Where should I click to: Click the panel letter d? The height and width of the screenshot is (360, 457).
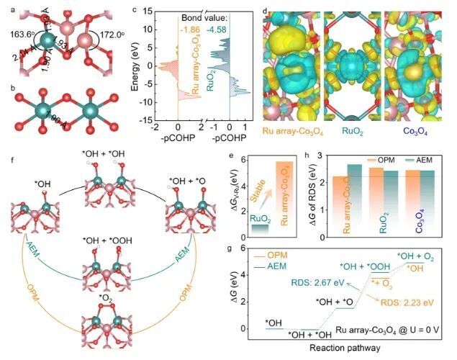(266, 12)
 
